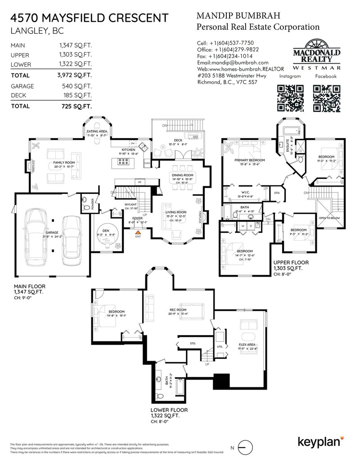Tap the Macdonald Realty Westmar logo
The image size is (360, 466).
[317, 54]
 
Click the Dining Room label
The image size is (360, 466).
[182, 175]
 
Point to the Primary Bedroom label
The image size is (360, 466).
[249, 160]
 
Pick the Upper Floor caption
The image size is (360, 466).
[290, 262]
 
